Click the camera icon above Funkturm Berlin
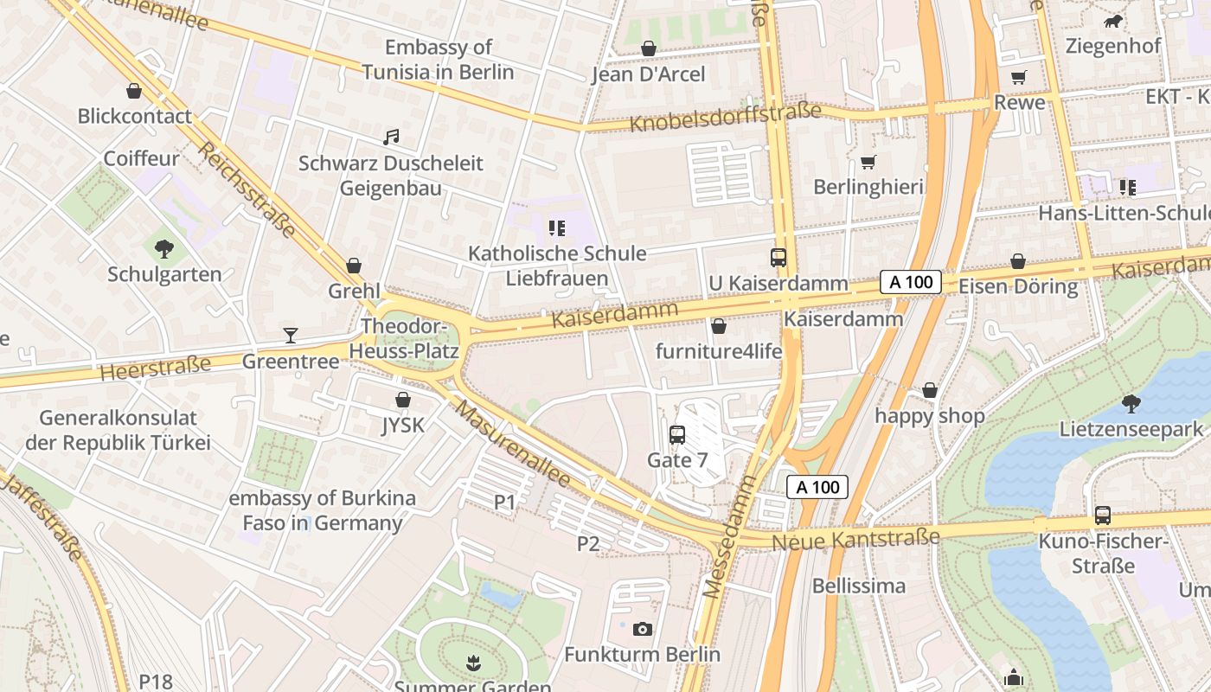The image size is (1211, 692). pyautogui.click(x=642, y=629)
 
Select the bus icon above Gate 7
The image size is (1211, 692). pyautogui.click(x=677, y=435)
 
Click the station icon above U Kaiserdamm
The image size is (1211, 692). pyautogui.click(x=778, y=258)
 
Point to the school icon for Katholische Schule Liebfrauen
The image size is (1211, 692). pyautogui.click(x=557, y=228)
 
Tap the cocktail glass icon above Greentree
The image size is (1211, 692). pyautogui.click(x=291, y=336)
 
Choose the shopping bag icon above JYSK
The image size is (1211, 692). pyautogui.click(x=403, y=400)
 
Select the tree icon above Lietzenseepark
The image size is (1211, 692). pyautogui.click(x=1131, y=403)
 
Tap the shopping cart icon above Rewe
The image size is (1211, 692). pyautogui.click(x=1019, y=77)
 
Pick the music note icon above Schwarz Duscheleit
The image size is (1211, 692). pyautogui.click(x=391, y=138)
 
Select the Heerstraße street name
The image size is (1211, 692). pyautogui.click(x=155, y=368)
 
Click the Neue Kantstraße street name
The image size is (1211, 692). pyautogui.click(x=855, y=540)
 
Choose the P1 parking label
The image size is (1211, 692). pyautogui.click(x=504, y=502)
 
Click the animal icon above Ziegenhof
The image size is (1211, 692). pyautogui.click(x=1112, y=21)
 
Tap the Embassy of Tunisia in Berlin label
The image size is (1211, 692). pyautogui.click(x=438, y=60)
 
